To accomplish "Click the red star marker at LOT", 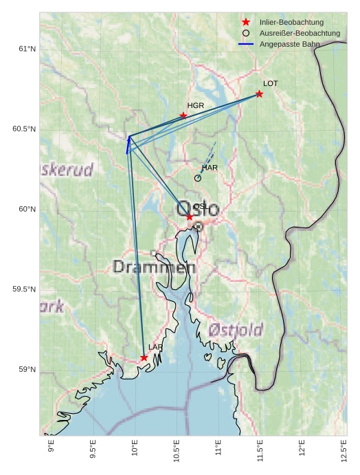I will [259, 93].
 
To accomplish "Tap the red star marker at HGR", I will [183, 115].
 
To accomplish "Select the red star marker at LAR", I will [144, 357].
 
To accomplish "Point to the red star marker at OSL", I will [190, 217].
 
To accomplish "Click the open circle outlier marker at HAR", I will [198, 178].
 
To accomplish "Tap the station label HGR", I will [196, 106].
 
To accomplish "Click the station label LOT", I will [271, 84].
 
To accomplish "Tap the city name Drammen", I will [150, 267].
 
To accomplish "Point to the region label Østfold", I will [236, 330].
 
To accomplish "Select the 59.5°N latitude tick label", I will [24, 289].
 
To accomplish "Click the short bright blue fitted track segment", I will [128, 144].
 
